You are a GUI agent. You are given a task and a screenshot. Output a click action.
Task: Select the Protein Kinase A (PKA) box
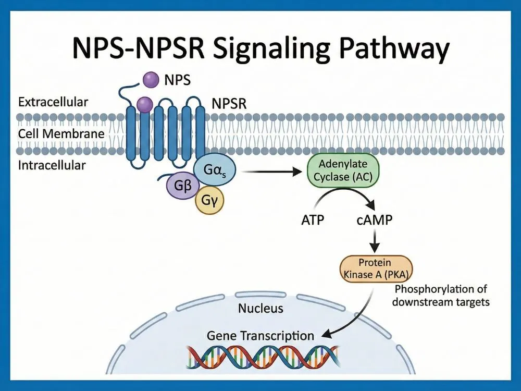375,268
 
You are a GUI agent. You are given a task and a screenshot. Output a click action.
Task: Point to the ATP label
313,220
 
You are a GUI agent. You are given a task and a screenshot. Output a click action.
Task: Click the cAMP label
375,220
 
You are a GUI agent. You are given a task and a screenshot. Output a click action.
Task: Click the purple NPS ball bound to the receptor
145,104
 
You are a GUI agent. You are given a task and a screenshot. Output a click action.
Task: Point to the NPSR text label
229,104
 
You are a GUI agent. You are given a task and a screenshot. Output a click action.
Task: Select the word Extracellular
53,102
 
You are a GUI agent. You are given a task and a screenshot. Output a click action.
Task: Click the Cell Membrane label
61,133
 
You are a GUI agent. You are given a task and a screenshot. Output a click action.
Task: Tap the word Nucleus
260,308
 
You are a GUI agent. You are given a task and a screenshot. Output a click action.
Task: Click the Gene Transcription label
260,335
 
